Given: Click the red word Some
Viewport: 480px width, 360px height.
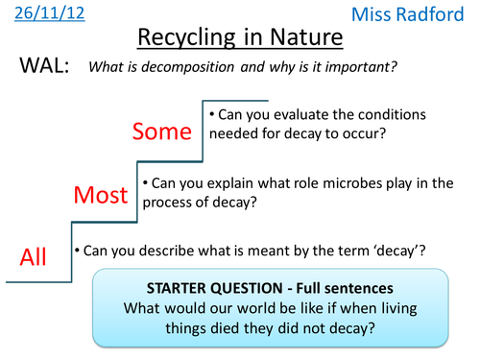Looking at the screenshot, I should (x=164, y=131).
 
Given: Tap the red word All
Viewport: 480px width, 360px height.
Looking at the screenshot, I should (x=32, y=257).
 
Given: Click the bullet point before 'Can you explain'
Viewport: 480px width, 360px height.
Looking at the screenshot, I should (x=144, y=180).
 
